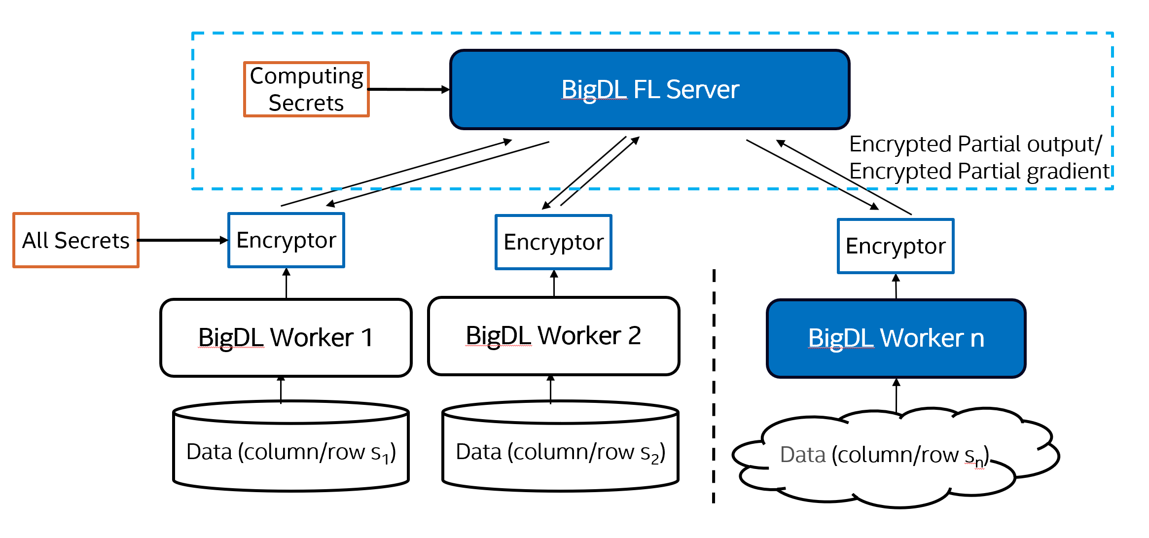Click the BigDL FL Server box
[x=650, y=90]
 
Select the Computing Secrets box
[x=306, y=89]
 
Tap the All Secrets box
[x=76, y=240]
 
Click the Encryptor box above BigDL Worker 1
[x=286, y=240]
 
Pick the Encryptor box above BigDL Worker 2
[x=553, y=242]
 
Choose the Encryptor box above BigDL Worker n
[x=896, y=246]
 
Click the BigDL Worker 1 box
[x=286, y=338]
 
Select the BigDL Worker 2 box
[x=553, y=336]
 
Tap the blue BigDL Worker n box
[x=896, y=338]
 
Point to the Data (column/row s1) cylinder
[x=291, y=451]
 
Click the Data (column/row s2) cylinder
[x=560, y=451]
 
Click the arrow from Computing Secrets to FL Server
[x=408, y=90]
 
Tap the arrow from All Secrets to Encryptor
[x=182, y=240]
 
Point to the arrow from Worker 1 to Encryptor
[x=287, y=284]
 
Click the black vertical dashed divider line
[x=714, y=385]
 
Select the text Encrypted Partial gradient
[x=979, y=171]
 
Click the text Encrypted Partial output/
[x=975, y=144]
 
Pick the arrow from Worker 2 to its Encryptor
[x=554, y=283]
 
